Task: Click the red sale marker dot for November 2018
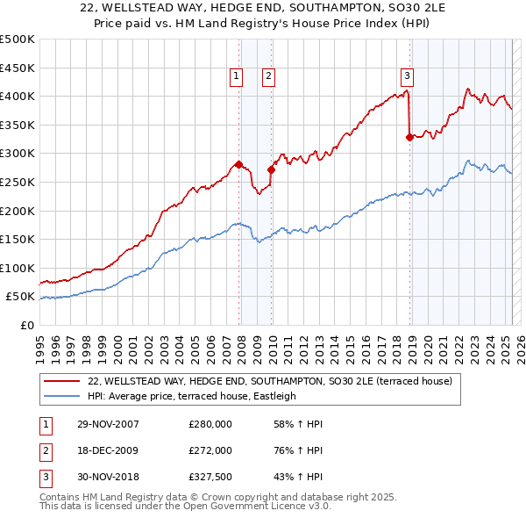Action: (409, 136)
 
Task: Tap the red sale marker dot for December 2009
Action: (271, 170)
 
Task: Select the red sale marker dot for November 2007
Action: (239, 164)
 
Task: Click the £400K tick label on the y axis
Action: (18, 96)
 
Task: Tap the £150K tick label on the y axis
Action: (18, 239)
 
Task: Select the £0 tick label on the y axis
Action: (26, 325)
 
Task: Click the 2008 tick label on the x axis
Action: (241, 345)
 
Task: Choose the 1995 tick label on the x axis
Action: (39, 345)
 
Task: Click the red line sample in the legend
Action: (62, 381)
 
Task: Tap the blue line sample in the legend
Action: (62, 396)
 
